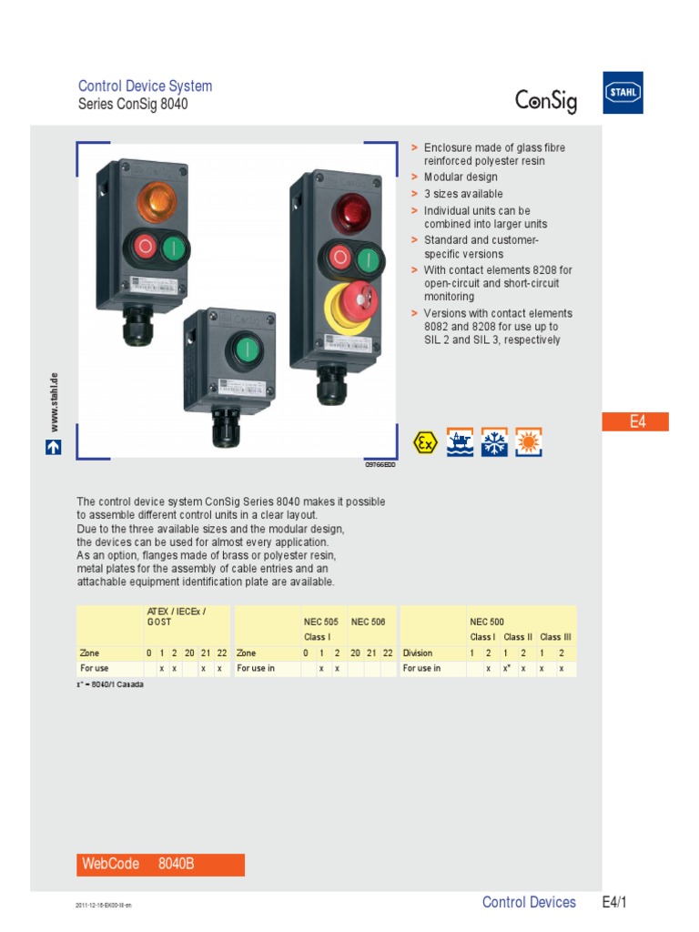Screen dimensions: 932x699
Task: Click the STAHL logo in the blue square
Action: [623, 93]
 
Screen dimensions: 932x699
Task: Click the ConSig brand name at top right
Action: [546, 100]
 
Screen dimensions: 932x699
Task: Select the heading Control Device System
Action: [145, 86]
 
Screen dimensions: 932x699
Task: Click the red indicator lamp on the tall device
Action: [349, 212]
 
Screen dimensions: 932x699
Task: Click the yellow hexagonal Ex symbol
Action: [424, 442]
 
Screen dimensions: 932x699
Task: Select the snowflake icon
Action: [494, 442]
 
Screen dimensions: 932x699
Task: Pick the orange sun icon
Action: [528, 442]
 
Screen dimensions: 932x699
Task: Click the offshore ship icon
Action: [460, 442]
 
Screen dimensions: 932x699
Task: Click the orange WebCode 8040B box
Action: [160, 865]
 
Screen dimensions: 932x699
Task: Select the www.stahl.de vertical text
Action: [55, 401]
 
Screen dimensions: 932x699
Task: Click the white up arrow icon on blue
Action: [55, 447]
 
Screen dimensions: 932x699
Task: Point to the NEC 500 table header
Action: [486, 622]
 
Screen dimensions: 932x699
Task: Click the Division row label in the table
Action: [418, 653]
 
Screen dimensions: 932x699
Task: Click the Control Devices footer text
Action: [529, 902]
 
